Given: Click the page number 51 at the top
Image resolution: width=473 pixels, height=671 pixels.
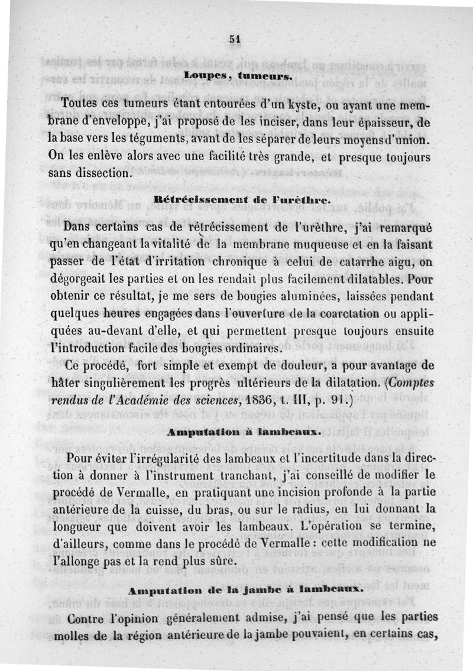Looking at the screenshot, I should pos(236,39).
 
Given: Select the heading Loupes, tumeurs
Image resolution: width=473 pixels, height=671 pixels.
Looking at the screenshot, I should pos(236,76).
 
